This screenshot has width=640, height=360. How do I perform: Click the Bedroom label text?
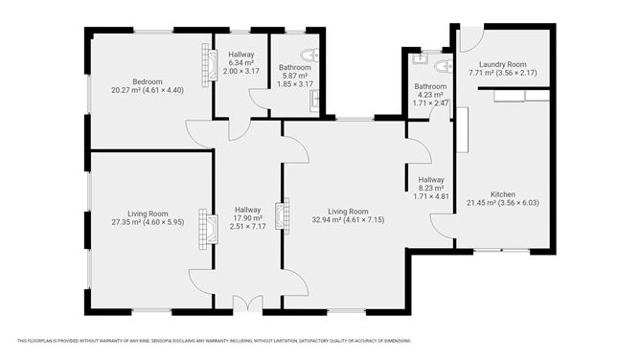(x=147, y=81)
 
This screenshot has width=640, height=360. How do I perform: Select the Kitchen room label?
(x=503, y=193)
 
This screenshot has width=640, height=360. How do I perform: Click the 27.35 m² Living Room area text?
(x=148, y=221)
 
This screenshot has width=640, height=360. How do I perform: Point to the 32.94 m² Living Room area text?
(x=348, y=219)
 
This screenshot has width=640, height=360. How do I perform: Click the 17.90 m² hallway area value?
(x=248, y=218)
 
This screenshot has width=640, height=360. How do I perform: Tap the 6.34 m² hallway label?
(x=240, y=62)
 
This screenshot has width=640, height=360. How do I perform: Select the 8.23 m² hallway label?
(x=430, y=188)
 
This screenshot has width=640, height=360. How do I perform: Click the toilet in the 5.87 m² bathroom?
(x=309, y=55)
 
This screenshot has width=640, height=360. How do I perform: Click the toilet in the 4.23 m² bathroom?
(x=442, y=66)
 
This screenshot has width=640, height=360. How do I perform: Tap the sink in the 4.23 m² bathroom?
(x=420, y=59)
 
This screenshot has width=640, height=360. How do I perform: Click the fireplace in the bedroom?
(x=206, y=66)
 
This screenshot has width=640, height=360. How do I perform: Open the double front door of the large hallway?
(x=247, y=304)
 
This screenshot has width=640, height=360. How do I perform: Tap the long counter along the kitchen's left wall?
(x=461, y=130)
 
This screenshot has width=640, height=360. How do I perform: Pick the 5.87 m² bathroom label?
(x=294, y=68)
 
